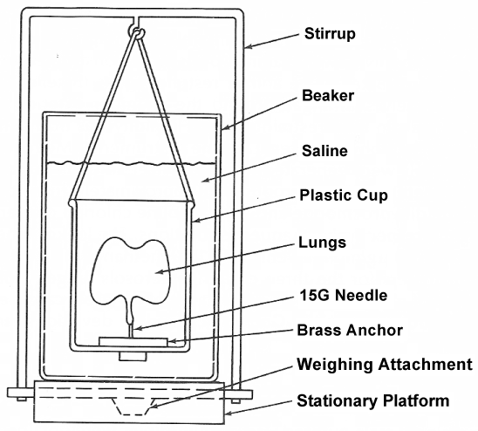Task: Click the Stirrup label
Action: (x=330, y=33)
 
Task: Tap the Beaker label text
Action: (x=328, y=95)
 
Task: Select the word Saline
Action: (x=324, y=151)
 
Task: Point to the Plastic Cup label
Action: (x=344, y=195)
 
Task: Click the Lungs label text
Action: (x=322, y=243)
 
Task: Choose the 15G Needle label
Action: (x=344, y=295)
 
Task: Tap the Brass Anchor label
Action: (x=350, y=331)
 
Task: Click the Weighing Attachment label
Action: (x=385, y=364)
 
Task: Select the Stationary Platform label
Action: (x=372, y=400)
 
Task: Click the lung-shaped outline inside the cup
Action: (x=92, y=275)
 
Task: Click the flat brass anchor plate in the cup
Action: (x=133, y=342)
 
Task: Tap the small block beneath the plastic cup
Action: (x=133, y=357)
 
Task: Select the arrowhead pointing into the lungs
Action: (x=159, y=272)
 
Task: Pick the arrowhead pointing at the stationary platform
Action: (x=229, y=414)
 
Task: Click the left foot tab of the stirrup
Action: (x=18, y=393)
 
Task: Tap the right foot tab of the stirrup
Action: (x=241, y=394)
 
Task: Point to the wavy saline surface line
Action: (x=132, y=164)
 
